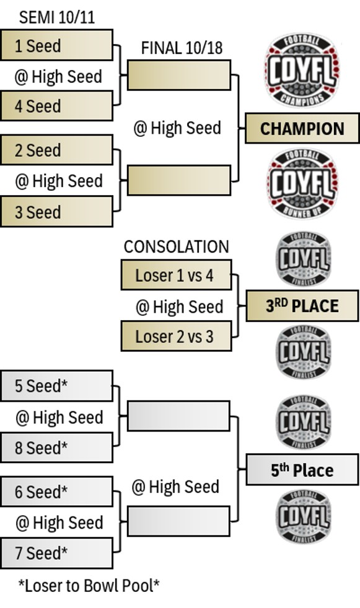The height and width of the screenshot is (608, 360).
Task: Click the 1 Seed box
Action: pyautogui.click(x=56, y=45)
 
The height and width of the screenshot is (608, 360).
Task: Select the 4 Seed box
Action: pyautogui.click(x=56, y=106)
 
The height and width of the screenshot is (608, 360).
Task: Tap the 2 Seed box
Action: pyautogui.click(x=56, y=150)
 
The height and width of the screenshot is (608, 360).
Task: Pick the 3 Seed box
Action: pyautogui.click(x=56, y=211)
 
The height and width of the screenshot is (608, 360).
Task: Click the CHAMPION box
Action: pyautogui.click(x=302, y=128)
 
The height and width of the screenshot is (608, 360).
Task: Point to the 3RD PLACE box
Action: pyautogui.click(x=302, y=306)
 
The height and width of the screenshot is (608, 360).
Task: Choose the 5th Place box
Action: pyautogui.click(x=302, y=469)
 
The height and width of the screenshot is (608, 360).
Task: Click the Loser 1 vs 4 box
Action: pyautogui.click(x=177, y=275)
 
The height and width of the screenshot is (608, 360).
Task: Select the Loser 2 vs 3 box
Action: pyautogui.click(x=177, y=336)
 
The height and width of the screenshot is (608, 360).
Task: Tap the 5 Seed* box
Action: pyautogui.click(x=56, y=386)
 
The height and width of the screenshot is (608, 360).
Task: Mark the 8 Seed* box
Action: pyautogui.click(x=56, y=448)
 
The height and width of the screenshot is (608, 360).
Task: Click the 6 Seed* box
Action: pyautogui.click(x=56, y=492)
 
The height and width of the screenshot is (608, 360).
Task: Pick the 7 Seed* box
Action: pyautogui.click(x=56, y=553)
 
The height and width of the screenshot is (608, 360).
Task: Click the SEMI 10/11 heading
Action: pyautogui.click(x=56, y=17)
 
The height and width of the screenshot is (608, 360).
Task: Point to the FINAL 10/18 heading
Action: pyautogui.click(x=182, y=48)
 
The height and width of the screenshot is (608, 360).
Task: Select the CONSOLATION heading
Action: pyautogui.click(x=177, y=246)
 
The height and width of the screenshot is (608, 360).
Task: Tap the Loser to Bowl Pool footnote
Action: pyautogui.click(x=89, y=586)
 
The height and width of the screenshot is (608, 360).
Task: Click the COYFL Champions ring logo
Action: pyautogui.click(x=302, y=70)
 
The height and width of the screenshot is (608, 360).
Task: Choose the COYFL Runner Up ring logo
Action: pyautogui.click(x=302, y=183)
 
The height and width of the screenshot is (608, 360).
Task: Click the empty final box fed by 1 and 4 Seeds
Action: pyautogui.click(x=179, y=75)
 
